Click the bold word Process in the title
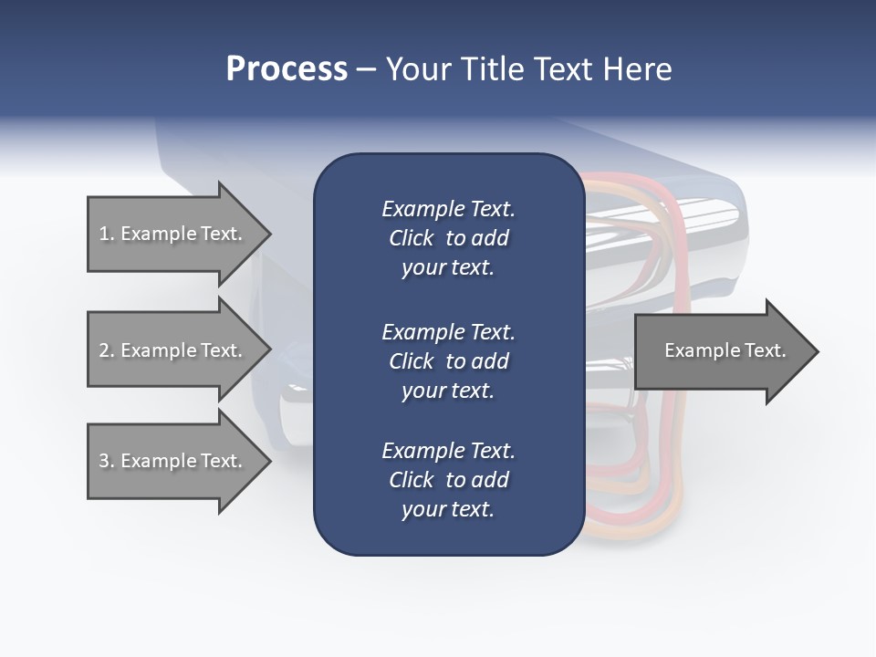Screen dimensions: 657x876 pyautogui.click(x=287, y=69)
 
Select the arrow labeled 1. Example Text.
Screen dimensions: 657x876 pyautogui.click(x=173, y=234)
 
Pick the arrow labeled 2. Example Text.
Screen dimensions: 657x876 pyautogui.click(x=173, y=350)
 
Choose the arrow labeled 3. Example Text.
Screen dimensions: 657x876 pyautogui.click(x=173, y=461)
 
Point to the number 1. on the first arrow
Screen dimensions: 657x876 pyautogui.click(x=106, y=234)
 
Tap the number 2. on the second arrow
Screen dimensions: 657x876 pyautogui.click(x=106, y=350)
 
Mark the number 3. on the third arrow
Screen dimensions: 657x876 pyautogui.click(x=106, y=461)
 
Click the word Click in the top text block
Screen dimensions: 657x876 pyautogui.click(x=411, y=239)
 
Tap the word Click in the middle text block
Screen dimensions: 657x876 pyautogui.click(x=411, y=361)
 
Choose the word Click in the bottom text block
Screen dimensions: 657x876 pyautogui.click(x=411, y=480)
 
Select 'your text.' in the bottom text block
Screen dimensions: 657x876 pyautogui.click(x=448, y=510)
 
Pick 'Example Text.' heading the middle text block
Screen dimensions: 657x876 pyautogui.click(x=448, y=332)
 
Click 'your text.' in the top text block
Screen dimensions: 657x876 pyautogui.click(x=448, y=268)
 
